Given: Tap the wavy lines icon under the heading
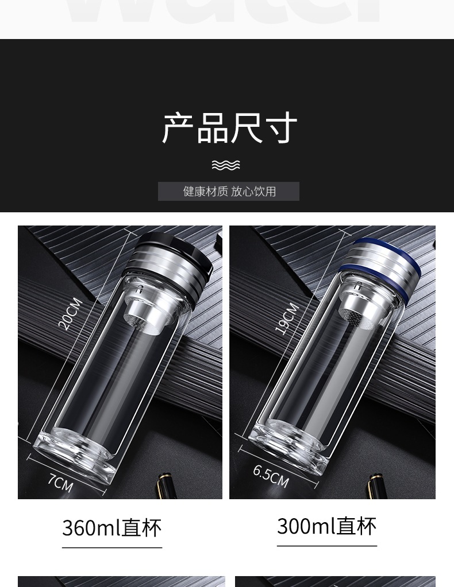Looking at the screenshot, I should (x=226, y=165).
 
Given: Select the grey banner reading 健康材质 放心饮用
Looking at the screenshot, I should (x=229, y=191).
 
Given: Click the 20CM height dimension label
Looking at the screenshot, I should (x=70, y=314).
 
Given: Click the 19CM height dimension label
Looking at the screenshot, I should (x=287, y=318).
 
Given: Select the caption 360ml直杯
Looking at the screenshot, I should (x=112, y=528).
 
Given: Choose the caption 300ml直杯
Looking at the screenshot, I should (x=326, y=526).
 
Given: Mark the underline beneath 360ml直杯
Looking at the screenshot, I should (x=112, y=547).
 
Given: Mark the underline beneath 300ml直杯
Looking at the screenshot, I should (x=326, y=546).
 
